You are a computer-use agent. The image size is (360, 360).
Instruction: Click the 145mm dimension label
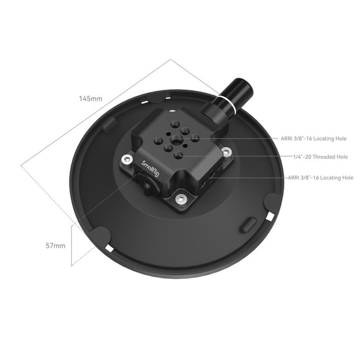point(91,98)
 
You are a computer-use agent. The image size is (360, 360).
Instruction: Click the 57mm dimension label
point(56,245)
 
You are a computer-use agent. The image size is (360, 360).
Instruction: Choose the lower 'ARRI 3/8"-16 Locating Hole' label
point(320,178)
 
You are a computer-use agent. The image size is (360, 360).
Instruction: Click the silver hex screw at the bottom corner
point(181,198)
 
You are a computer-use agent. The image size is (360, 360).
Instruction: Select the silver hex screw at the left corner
point(126,159)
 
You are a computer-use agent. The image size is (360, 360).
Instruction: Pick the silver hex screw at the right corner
point(226,153)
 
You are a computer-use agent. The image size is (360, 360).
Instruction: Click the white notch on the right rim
point(269,217)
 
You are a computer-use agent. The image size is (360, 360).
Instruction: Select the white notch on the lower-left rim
point(109,248)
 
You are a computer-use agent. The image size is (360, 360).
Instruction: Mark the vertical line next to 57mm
point(71,244)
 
